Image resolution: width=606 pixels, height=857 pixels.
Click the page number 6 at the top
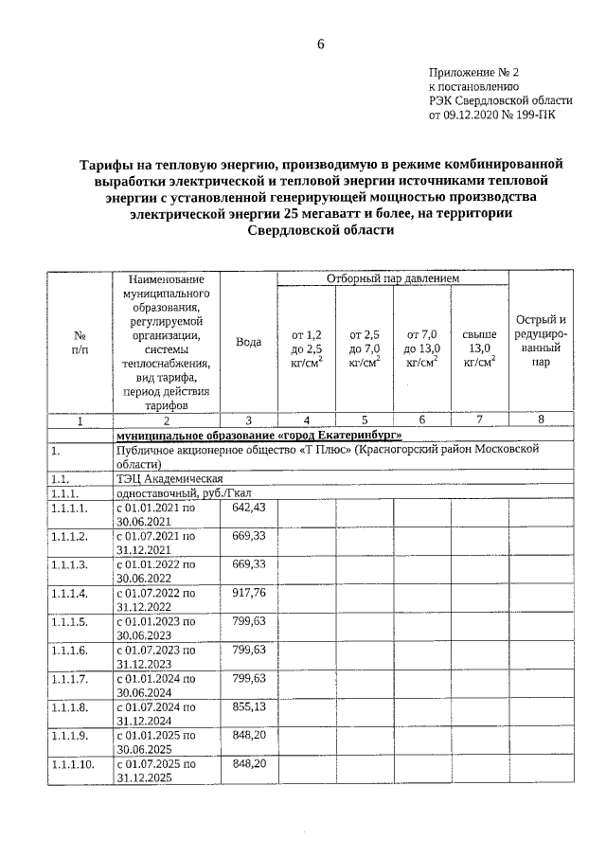point(320,45)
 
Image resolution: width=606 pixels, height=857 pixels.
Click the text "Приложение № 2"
point(474,71)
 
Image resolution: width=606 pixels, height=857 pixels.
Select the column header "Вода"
point(248,341)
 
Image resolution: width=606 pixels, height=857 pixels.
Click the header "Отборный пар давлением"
point(393,279)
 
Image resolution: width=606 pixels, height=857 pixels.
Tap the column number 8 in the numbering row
point(541,420)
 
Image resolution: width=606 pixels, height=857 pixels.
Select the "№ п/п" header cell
point(80,341)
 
